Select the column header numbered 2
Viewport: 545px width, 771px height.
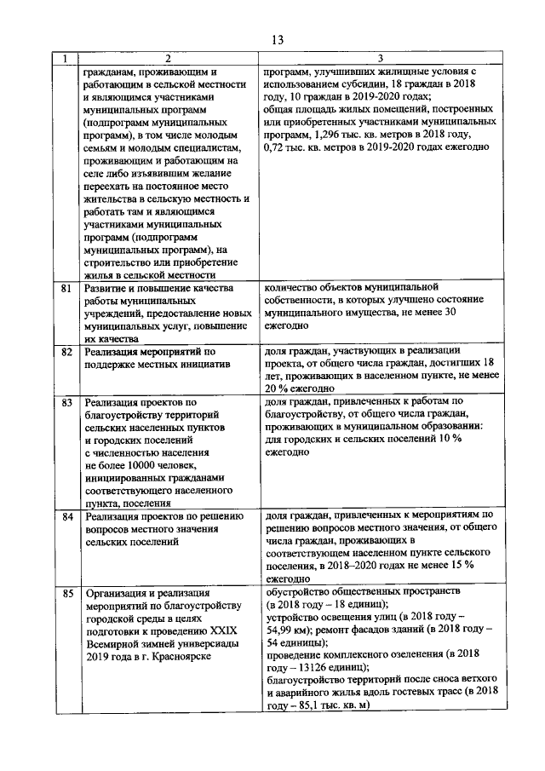point(168,59)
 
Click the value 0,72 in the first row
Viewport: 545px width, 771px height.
point(278,147)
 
